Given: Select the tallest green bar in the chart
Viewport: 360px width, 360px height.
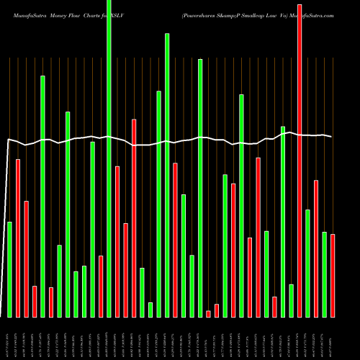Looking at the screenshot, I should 109,158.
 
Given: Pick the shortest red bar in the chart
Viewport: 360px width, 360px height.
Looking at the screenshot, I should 209,313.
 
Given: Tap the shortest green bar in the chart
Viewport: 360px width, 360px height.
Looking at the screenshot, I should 150,310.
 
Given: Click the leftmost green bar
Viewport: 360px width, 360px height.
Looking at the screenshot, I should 10,269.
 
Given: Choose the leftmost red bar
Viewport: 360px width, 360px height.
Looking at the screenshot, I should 18,238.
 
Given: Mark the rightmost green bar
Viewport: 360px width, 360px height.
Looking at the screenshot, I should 324,274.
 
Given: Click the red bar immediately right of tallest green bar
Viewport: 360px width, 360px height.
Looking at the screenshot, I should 117,241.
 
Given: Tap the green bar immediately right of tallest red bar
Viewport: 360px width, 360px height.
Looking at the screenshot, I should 307,263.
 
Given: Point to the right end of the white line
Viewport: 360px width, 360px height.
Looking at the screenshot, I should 332,136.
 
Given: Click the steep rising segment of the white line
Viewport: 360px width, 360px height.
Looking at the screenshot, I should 6,216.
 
